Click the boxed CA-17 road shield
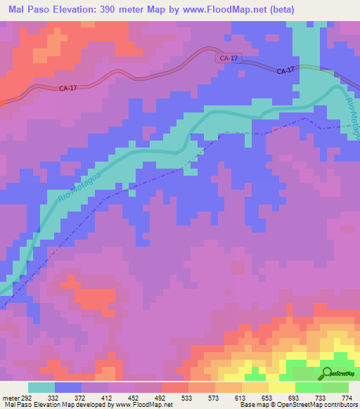227,60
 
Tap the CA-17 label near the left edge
68,89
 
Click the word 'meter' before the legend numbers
9,397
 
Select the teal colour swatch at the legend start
41,387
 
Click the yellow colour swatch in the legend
282,387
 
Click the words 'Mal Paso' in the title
29,9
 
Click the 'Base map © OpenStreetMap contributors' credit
298,405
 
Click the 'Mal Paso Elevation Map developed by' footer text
58,405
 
